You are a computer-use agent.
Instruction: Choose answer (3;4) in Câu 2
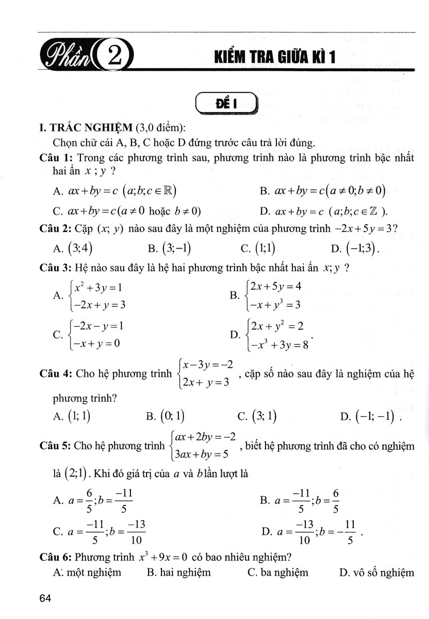click(x=80, y=249)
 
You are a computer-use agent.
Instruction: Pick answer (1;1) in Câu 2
click(x=265, y=249)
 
